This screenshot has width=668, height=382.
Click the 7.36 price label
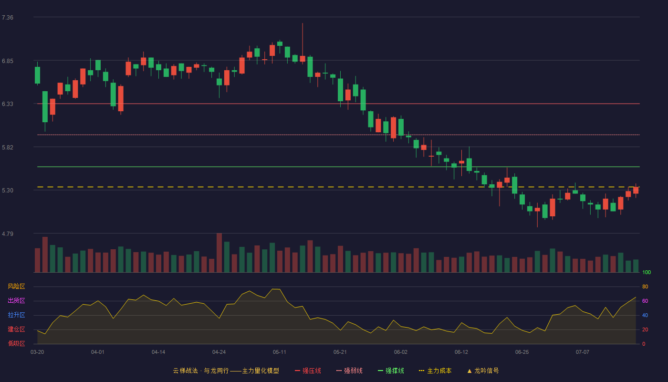click(8, 18)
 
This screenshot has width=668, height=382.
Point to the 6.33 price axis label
click(8, 104)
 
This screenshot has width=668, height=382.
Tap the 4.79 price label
click(8, 234)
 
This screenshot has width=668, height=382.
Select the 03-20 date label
click(37, 352)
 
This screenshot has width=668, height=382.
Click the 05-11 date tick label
click(280, 352)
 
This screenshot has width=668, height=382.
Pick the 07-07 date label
click(583, 352)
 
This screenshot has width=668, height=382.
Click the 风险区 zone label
click(16, 286)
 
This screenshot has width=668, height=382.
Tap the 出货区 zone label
click(16, 300)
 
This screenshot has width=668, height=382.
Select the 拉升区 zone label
click(16, 315)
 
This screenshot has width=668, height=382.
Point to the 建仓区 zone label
click(16, 329)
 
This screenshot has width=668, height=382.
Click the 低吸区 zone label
click(16, 343)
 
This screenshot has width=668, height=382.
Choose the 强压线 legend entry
click(308, 371)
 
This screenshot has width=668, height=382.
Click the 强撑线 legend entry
click(391, 371)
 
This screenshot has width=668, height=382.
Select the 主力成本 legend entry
click(435, 371)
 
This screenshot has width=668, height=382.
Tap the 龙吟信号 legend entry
click(483, 371)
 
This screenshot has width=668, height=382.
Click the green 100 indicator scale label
click(647, 272)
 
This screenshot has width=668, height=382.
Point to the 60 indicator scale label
click(645, 301)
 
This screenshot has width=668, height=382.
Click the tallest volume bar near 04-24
click(219, 253)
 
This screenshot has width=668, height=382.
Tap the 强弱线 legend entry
click(349, 371)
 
